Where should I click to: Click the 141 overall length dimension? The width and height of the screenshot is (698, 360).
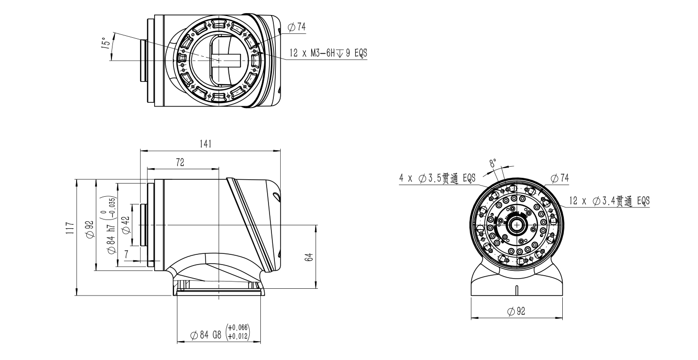[206, 144]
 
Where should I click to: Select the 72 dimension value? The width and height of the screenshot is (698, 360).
[180, 162]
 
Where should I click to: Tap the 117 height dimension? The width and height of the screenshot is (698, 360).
[70, 228]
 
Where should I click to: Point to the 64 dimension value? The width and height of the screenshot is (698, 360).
[309, 257]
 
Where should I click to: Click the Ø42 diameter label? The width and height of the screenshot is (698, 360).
[126, 225]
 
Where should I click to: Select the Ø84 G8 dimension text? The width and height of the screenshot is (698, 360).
[206, 335]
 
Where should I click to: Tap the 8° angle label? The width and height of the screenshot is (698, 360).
[492, 163]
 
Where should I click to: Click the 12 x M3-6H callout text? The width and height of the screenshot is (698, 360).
[329, 53]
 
